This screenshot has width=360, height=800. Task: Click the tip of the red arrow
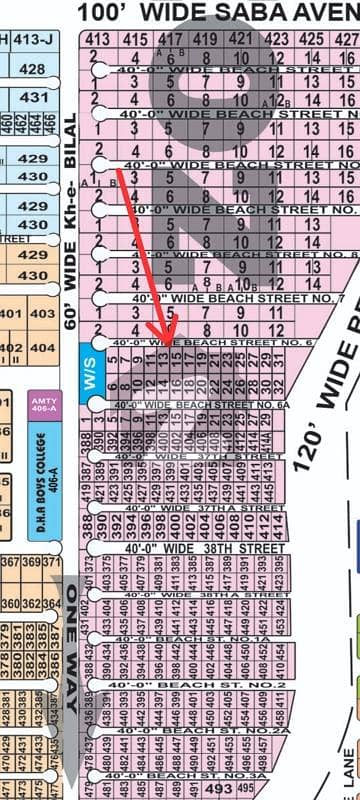tap(168, 338)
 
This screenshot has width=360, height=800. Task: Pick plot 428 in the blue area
tap(33, 69)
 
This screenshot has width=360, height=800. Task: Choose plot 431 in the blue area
tap(33, 97)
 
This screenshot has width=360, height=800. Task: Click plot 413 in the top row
tap(97, 40)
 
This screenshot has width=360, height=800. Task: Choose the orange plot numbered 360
tap(10, 604)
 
